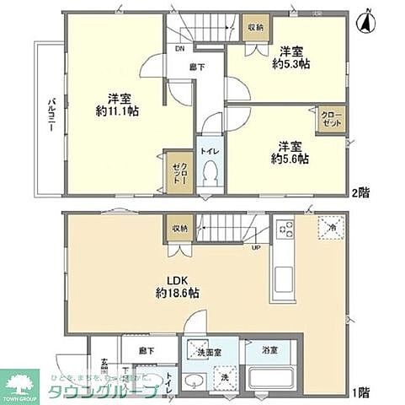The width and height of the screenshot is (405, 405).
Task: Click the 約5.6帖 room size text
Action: (x=289, y=157)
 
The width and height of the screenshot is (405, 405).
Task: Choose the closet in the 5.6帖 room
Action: (x=329, y=118)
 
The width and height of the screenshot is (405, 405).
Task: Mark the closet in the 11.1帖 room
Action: (x=178, y=173)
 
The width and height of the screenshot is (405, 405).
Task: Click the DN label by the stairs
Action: (x=180, y=49)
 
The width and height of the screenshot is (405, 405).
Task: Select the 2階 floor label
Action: (x=360, y=192)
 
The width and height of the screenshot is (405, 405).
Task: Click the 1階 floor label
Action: (x=360, y=391)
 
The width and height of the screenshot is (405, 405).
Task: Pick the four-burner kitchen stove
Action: (x=285, y=229)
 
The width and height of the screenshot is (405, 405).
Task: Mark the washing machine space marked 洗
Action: (x=225, y=380)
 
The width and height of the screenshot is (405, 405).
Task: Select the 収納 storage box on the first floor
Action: (x=179, y=228)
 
